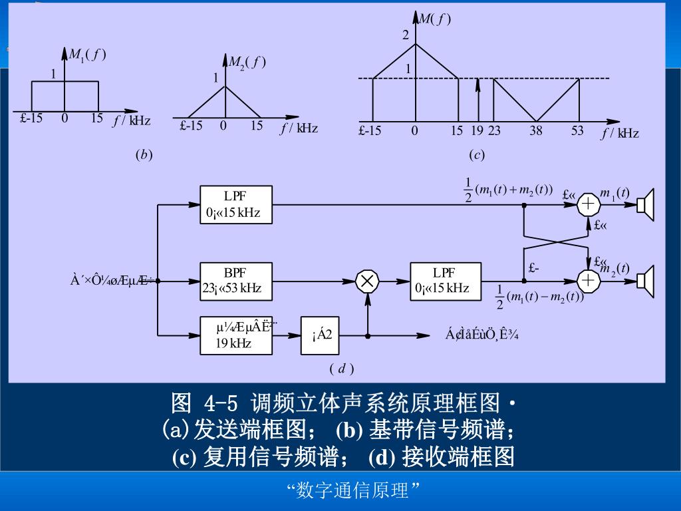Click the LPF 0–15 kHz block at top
click(235, 206)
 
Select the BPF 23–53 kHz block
click(235, 281)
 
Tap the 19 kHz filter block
click(235, 335)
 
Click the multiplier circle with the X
click(366, 281)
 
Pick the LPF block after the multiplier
click(445, 281)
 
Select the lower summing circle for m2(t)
click(589, 281)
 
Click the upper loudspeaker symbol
click(646, 205)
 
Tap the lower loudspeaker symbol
click(646, 281)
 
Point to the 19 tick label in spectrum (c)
click(477, 131)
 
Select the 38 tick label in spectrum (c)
click(536, 131)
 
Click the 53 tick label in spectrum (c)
click(577, 131)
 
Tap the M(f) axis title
click(435, 19)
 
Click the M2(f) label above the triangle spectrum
click(247, 63)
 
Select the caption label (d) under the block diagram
click(341, 368)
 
